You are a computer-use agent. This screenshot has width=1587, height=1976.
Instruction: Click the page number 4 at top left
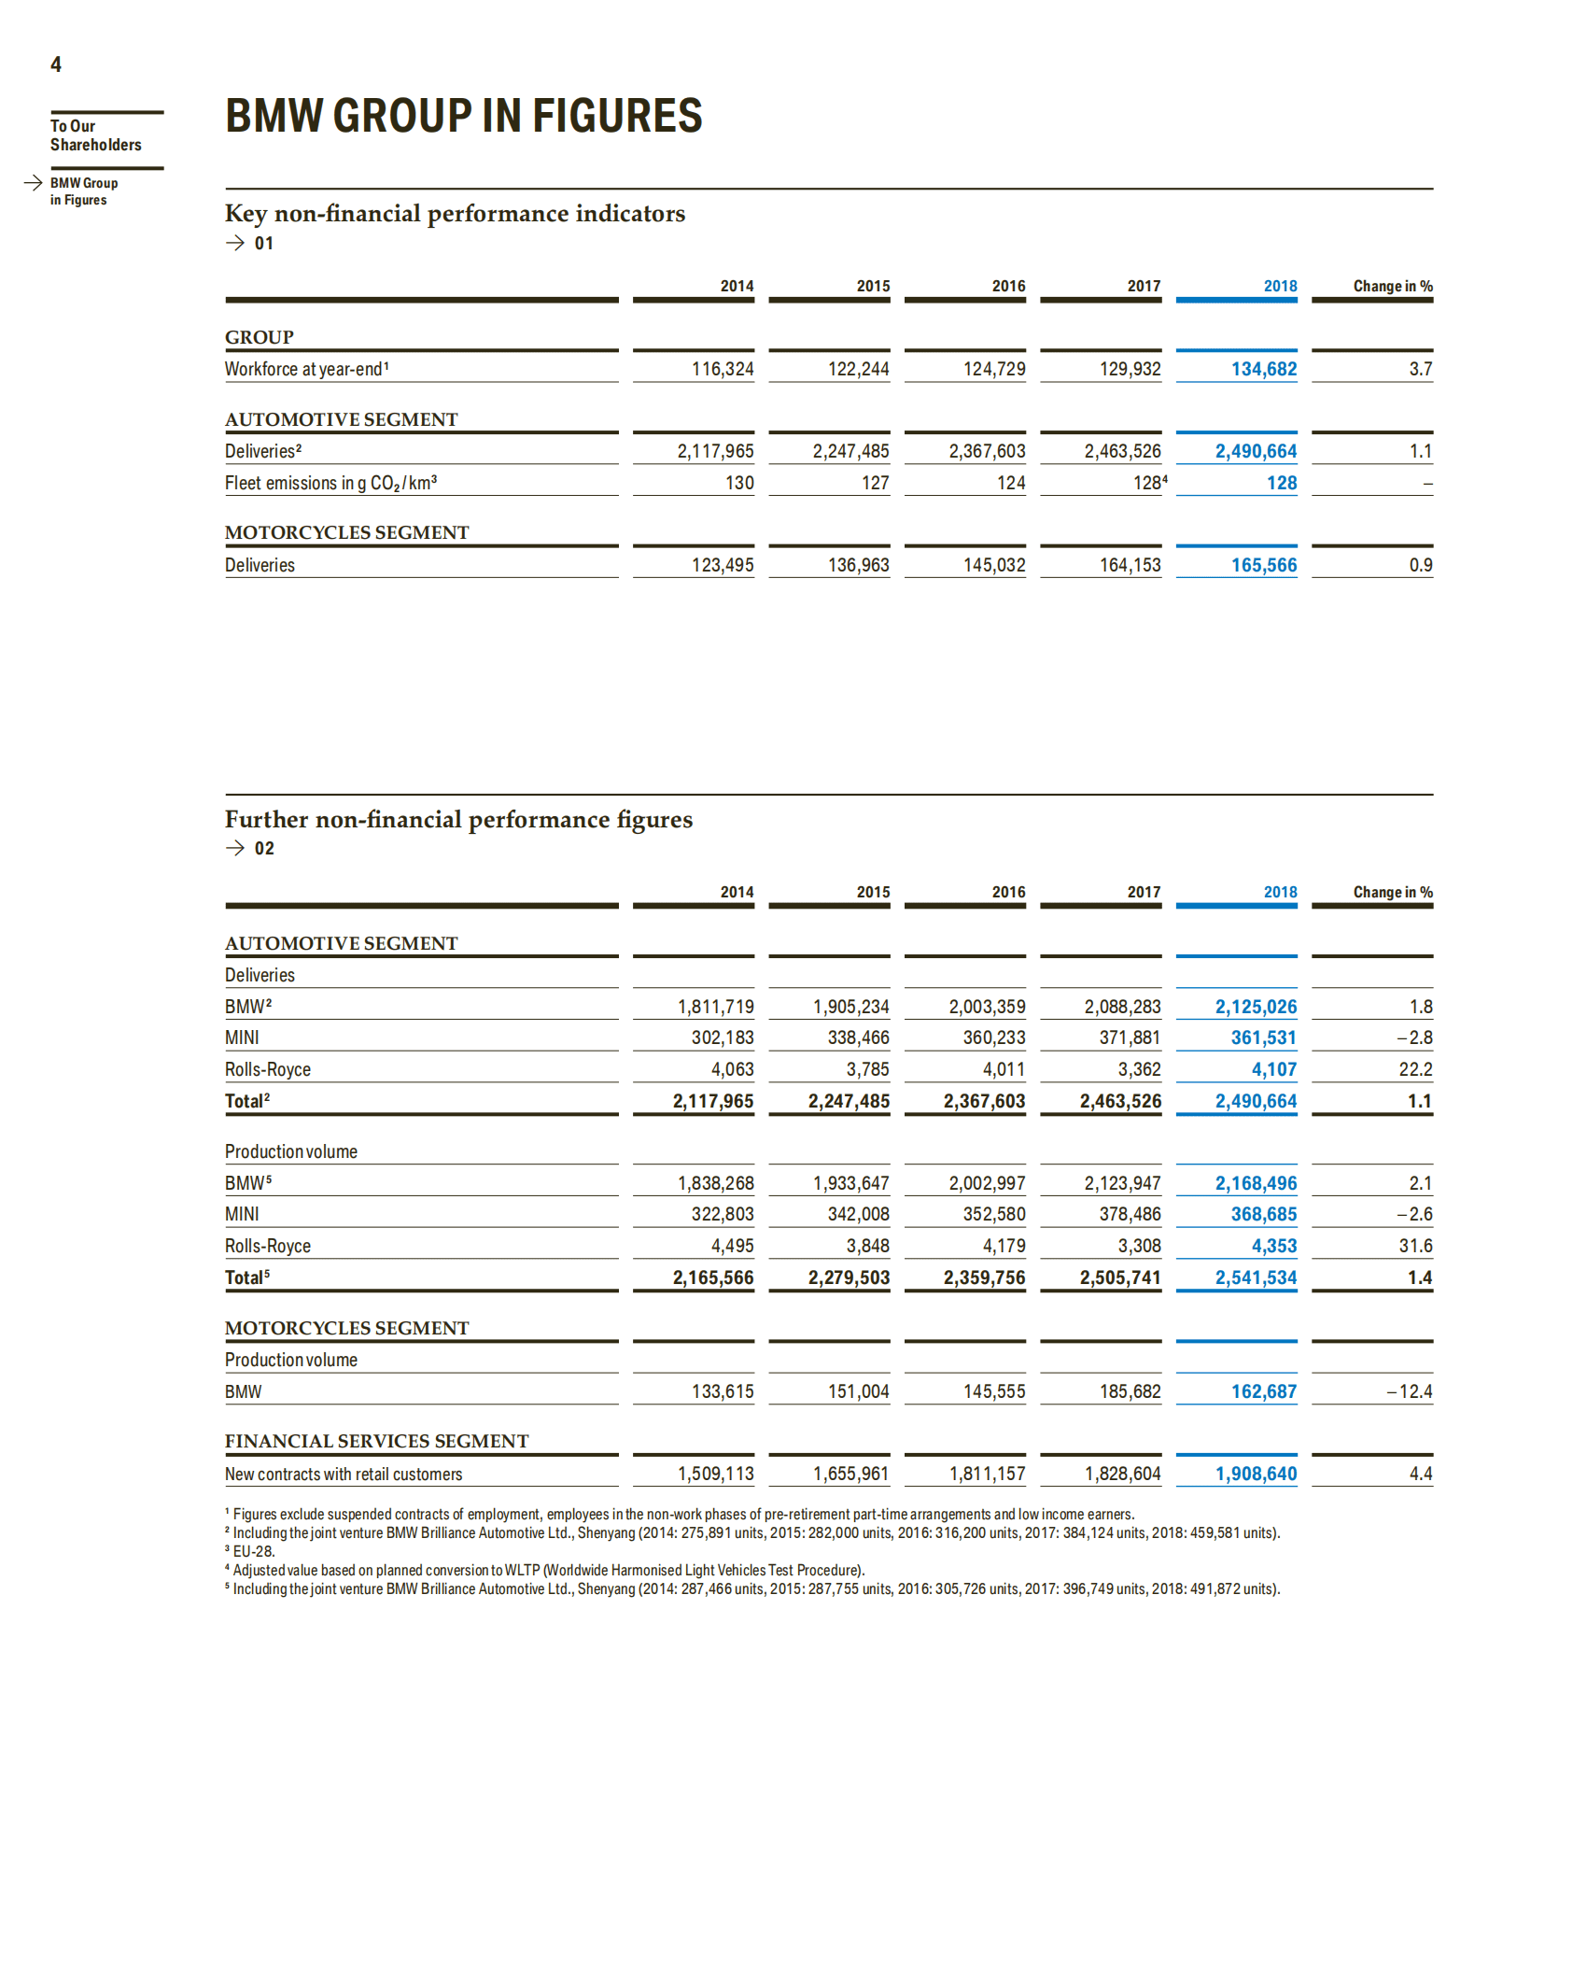[x=56, y=64]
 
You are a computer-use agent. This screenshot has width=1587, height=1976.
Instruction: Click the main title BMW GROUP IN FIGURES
[x=463, y=117]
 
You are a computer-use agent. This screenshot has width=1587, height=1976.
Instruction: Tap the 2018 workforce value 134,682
[x=1263, y=369]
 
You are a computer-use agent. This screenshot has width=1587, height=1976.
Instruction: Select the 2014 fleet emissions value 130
[x=739, y=483]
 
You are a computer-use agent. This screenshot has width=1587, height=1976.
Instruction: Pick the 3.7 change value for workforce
[x=1420, y=369]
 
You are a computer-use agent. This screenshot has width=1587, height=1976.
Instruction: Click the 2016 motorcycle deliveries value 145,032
[x=994, y=565]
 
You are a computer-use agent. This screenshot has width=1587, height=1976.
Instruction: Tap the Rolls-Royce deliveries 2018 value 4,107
[x=1273, y=1069]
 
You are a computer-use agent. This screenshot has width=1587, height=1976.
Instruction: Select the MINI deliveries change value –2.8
[x=1414, y=1037]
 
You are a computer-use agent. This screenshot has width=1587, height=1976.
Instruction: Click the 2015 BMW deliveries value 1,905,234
[x=850, y=1007]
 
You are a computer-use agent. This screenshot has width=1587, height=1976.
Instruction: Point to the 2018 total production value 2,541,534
[x=1256, y=1277]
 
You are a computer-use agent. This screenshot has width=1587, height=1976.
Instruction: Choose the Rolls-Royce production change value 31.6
[x=1415, y=1246]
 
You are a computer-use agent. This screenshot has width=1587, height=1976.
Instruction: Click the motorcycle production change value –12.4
[x=1410, y=1391]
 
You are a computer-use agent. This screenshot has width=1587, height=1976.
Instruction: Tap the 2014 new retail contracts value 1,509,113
[x=715, y=1474]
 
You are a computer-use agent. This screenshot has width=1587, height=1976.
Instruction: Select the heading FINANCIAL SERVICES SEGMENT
[x=376, y=1441]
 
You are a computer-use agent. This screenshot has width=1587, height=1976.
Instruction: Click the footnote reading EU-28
[x=253, y=1551]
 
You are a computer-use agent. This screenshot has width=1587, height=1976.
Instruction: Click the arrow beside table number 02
[x=235, y=848]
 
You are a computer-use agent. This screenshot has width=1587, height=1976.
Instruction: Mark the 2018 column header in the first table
[x=1280, y=286]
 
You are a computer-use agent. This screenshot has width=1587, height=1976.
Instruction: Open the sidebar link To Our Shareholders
[x=95, y=135]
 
